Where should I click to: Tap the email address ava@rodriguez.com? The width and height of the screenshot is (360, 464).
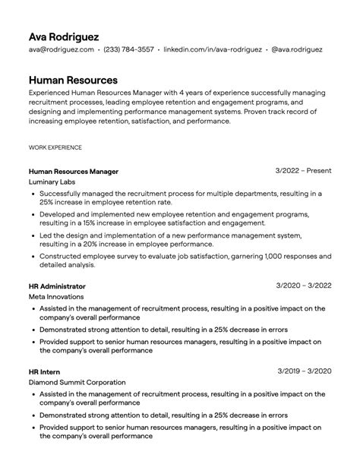coord(62,50)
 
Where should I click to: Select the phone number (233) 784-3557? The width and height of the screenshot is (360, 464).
coord(128,50)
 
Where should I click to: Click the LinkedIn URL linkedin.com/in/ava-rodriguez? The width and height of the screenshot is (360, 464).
coord(213,50)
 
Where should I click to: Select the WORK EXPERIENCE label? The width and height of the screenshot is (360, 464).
coord(55,147)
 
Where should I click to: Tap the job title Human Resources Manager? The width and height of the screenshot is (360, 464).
coord(73,172)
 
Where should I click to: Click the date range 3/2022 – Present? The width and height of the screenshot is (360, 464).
coord(304,171)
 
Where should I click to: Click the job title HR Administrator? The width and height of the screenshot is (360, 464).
coord(57,286)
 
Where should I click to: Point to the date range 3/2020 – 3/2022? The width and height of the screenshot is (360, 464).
coord(304,286)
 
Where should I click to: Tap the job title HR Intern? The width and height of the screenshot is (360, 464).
coord(44,371)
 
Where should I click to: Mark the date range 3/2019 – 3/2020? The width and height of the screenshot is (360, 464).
coord(304,371)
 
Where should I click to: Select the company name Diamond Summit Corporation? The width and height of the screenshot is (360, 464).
coord(77,383)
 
